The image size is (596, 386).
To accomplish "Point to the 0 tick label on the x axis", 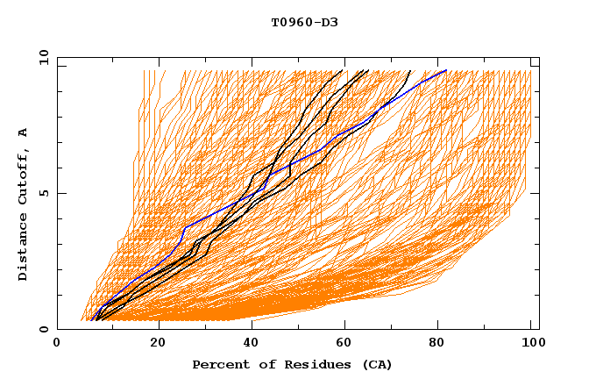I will [58, 343].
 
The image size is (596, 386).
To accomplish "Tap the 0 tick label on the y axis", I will [43, 329].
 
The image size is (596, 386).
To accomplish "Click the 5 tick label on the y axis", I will [43, 193].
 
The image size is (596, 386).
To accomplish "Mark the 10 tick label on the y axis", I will [43, 58].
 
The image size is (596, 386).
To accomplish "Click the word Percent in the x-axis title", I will [219, 364].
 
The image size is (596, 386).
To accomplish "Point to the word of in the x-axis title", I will [260, 364].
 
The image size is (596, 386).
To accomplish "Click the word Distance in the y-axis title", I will [24, 247].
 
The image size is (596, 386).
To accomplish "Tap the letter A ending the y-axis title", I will [24, 132].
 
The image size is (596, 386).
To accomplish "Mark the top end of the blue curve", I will [447, 70].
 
